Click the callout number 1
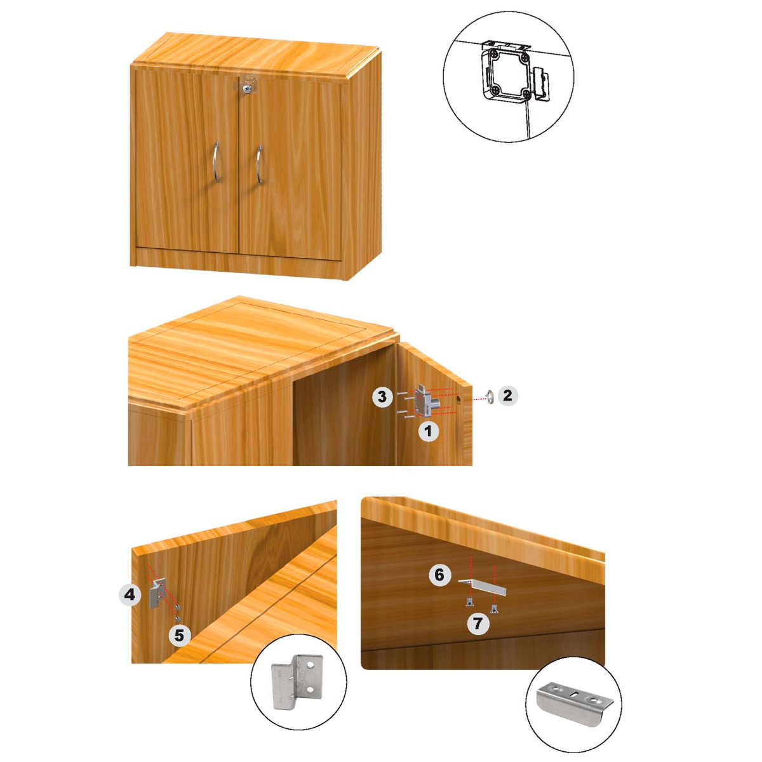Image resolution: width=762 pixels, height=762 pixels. pos(429,432)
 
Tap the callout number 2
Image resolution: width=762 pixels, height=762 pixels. pos(507,396)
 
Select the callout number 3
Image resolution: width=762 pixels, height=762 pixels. pos(382,398)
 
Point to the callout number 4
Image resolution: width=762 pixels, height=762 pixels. pos(130,595)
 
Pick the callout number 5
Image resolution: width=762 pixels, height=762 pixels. pos(180,634)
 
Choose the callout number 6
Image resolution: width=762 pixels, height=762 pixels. pos(439,575)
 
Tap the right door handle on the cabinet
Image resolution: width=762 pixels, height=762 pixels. pos(259,164)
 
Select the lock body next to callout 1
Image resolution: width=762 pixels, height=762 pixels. pos(423,401)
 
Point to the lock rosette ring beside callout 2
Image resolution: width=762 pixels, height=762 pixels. pos(489,397)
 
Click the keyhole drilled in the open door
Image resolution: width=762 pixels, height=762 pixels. pos(458,400)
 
